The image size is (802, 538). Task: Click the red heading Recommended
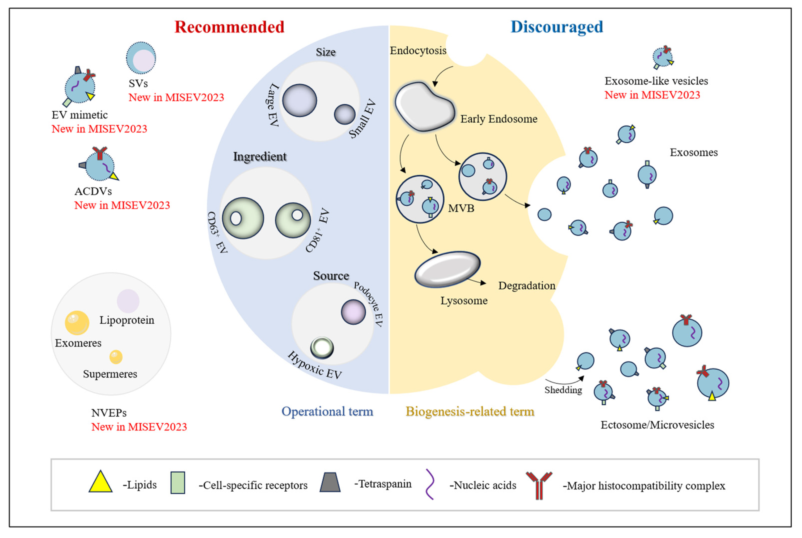(229, 27)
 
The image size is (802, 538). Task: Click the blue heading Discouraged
(556, 27)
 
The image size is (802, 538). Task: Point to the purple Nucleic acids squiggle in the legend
(430, 484)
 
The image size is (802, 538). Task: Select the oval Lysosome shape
(447, 269)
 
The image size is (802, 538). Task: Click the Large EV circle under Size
(299, 101)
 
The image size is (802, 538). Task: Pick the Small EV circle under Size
(344, 114)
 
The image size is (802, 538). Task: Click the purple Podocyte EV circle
(353, 312)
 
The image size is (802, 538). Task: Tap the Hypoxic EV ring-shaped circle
(322, 348)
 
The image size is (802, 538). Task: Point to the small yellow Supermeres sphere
(116, 357)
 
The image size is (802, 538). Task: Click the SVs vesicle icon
(141, 58)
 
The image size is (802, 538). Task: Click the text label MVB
(461, 208)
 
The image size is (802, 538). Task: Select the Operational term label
(327, 411)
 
